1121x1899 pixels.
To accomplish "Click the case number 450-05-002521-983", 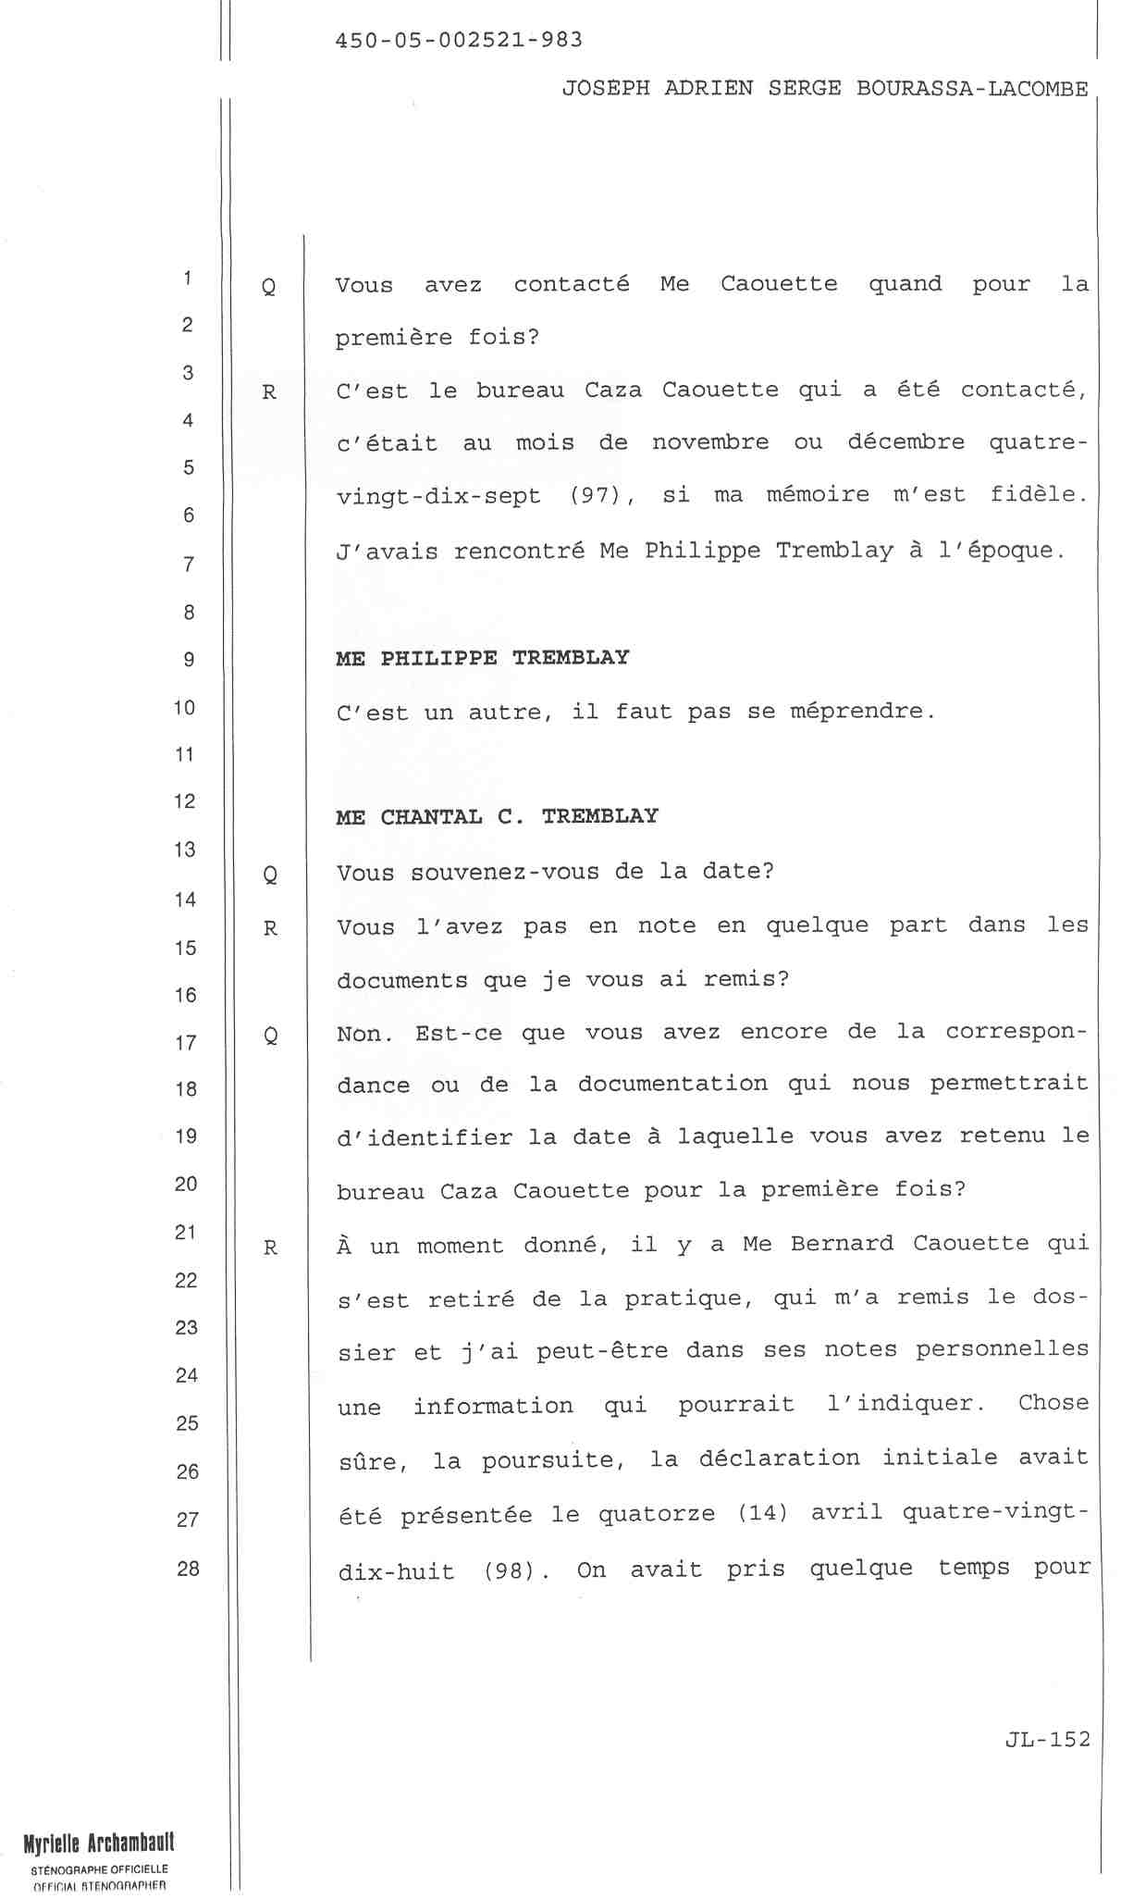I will (x=459, y=40).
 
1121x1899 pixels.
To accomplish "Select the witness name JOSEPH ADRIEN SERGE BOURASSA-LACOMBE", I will (x=825, y=89).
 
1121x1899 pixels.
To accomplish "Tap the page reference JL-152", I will (x=1047, y=1739).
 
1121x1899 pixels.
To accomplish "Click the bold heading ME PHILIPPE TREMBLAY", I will (x=482, y=658).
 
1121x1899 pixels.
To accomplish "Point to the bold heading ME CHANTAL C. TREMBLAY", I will (x=497, y=816).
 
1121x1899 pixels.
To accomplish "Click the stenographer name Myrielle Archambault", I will (x=99, y=1843).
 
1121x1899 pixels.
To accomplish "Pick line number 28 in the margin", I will (x=188, y=1568).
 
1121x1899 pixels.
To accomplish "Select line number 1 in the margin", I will (x=188, y=278).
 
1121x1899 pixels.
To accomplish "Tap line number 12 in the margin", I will (x=185, y=801).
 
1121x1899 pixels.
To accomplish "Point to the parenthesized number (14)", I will (x=763, y=1514).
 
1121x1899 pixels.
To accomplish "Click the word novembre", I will (x=709, y=442).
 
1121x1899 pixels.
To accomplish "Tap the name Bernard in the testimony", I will (x=842, y=1243).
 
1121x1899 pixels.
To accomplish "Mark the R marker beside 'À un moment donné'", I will (x=270, y=1247).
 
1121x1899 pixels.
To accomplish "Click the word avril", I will (x=847, y=1514).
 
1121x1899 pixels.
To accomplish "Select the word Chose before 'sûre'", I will (x=1053, y=1403).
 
